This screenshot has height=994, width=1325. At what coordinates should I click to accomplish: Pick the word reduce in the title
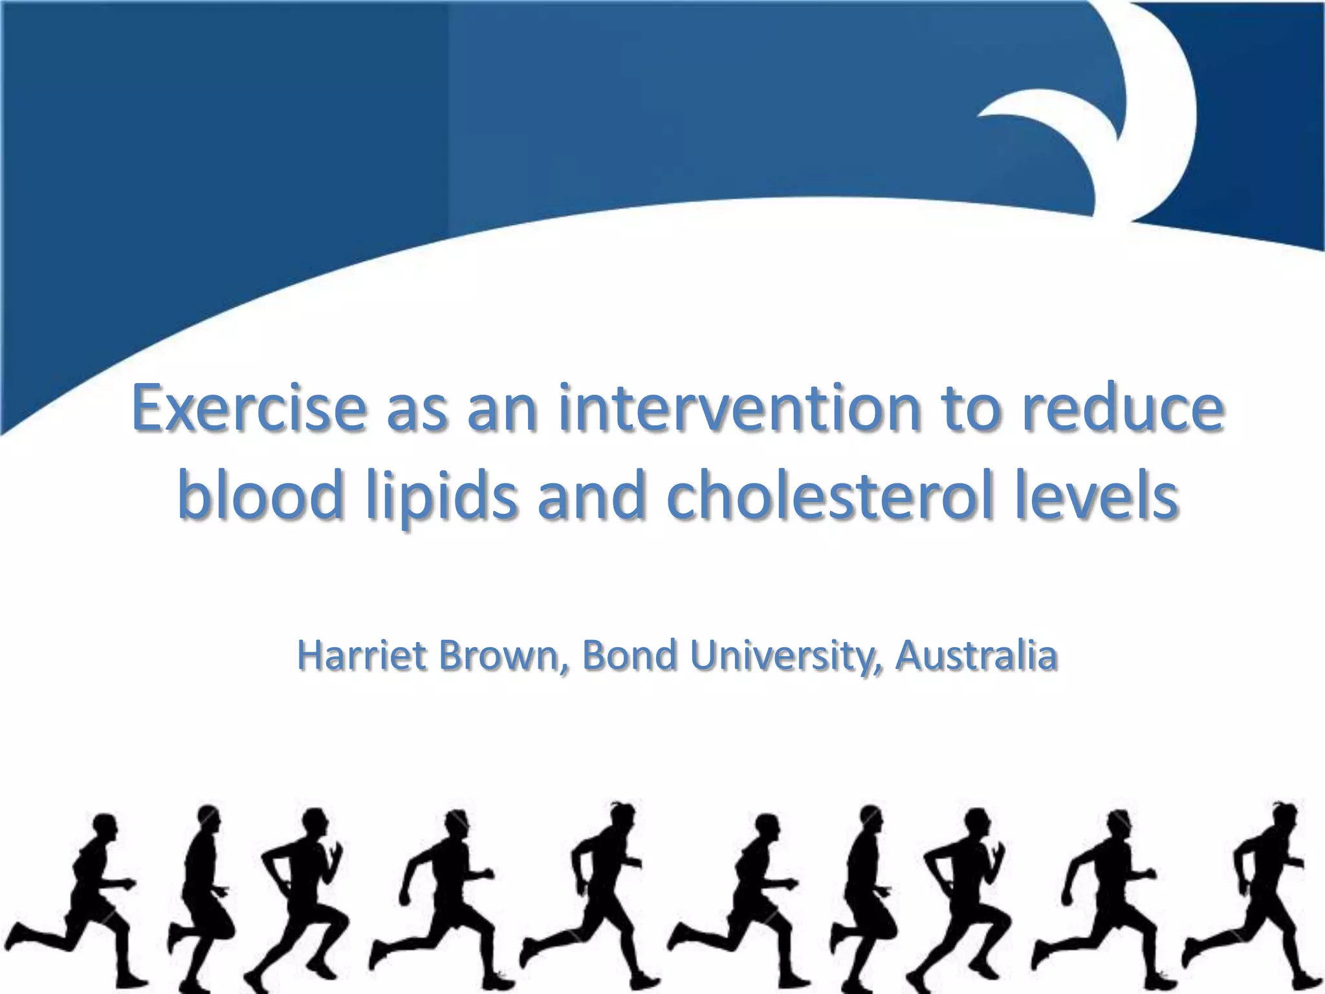pos(1122,409)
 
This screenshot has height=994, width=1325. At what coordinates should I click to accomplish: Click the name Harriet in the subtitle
pos(362,655)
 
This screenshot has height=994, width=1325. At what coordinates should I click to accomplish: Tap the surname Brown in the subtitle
pos(498,655)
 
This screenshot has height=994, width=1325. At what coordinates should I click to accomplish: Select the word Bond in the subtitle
pos(630,655)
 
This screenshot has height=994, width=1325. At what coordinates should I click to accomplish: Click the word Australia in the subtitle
pos(977,655)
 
